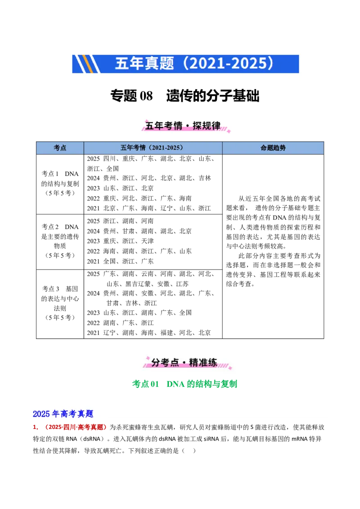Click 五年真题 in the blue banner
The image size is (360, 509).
click(144, 63)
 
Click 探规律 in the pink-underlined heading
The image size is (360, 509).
click(207, 126)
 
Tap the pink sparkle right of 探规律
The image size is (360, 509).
click(228, 131)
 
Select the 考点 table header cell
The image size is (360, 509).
click(60, 148)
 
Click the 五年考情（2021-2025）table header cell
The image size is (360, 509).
click(153, 148)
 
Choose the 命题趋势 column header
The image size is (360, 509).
click(273, 148)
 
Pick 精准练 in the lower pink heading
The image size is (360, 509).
click(203, 362)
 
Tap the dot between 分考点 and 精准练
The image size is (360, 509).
click(184, 363)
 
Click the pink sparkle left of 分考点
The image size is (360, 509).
click(146, 359)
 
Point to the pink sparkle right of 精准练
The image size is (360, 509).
click(230, 367)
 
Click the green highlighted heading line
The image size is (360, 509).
click(184, 384)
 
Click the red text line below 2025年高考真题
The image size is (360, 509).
click(70, 428)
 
